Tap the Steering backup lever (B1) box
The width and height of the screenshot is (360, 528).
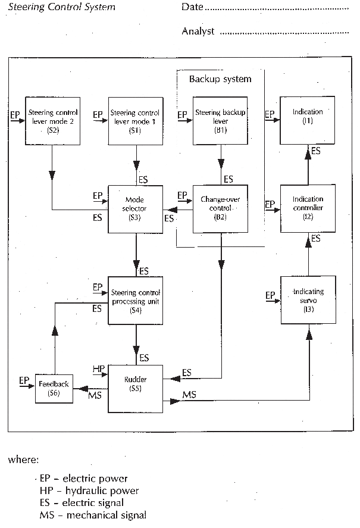(220, 120)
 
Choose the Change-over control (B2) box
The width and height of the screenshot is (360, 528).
(220, 209)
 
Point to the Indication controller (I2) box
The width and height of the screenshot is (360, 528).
(308, 209)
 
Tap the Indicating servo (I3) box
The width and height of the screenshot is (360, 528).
(308, 298)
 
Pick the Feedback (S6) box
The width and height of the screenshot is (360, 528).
(54, 388)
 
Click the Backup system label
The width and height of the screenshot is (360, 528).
(220, 79)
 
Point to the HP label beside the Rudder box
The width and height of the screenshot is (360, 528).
(99, 369)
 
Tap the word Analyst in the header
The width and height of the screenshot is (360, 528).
(198, 32)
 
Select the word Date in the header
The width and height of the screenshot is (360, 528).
(192, 7)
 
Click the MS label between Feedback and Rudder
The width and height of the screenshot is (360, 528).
(94, 396)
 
